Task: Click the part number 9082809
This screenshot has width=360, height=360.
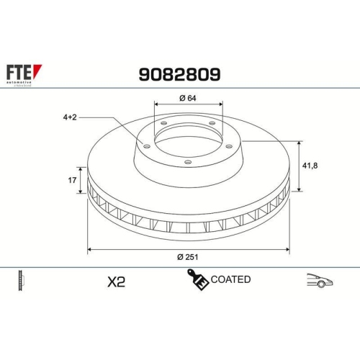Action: pos(179,74)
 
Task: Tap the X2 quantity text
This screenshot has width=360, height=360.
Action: pos(115,282)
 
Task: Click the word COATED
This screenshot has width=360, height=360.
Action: pos(231,279)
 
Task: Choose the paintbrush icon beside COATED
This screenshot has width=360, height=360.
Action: pos(198,280)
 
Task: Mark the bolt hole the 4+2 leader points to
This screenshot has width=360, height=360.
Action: pos(147,146)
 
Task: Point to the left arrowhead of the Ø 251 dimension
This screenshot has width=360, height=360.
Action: pos(89,249)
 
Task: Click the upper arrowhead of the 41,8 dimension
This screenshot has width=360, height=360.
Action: pos(300,143)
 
